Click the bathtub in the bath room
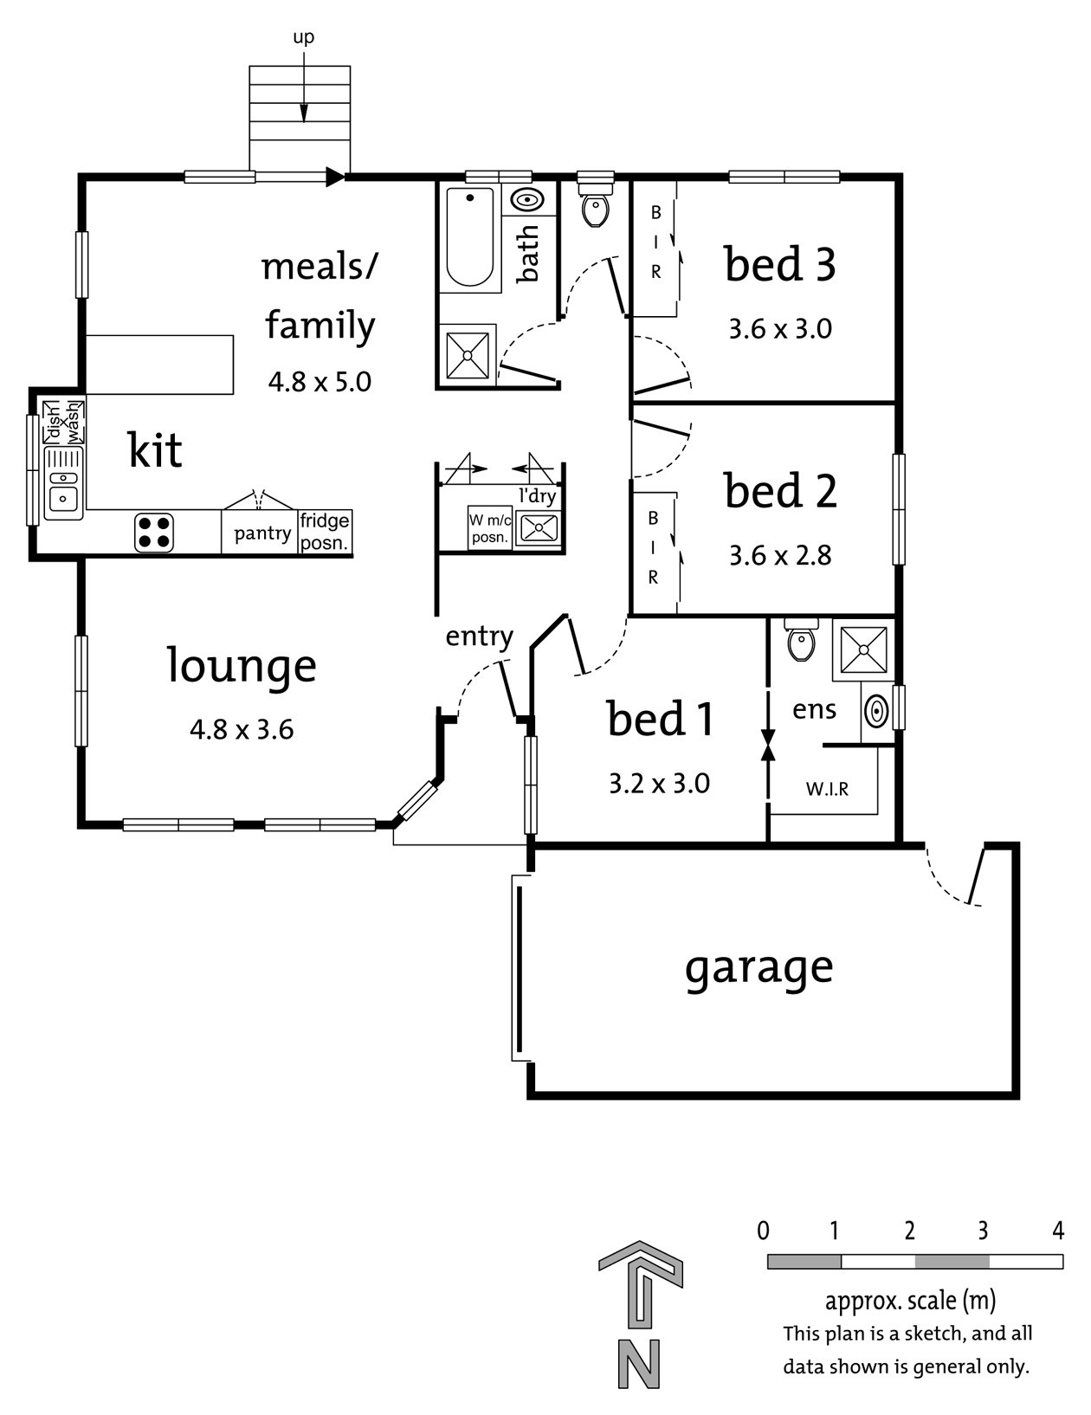point(470,236)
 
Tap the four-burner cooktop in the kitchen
point(154,532)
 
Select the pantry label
point(262,533)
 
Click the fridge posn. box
point(325,532)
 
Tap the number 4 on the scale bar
point(1057,1231)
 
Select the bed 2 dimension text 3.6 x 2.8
point(780,555)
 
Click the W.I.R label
point(827,789)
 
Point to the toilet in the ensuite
point(801,641)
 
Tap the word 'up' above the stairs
point(303,37)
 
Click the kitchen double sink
point(64,483)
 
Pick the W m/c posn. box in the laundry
point(490,528)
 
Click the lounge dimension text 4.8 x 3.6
point(242,729)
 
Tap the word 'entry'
point(479,636)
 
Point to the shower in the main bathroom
point(468,354)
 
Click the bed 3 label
point(780,264)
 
